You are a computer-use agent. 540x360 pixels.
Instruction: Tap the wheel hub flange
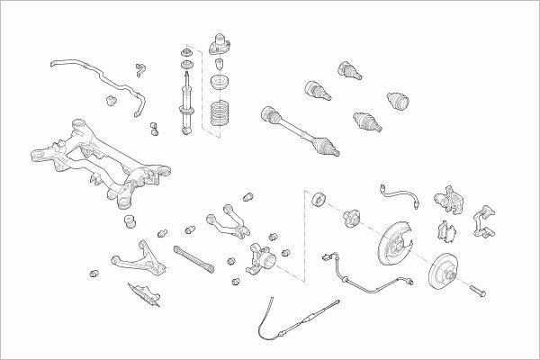351,217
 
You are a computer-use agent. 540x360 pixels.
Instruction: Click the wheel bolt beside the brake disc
477,290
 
